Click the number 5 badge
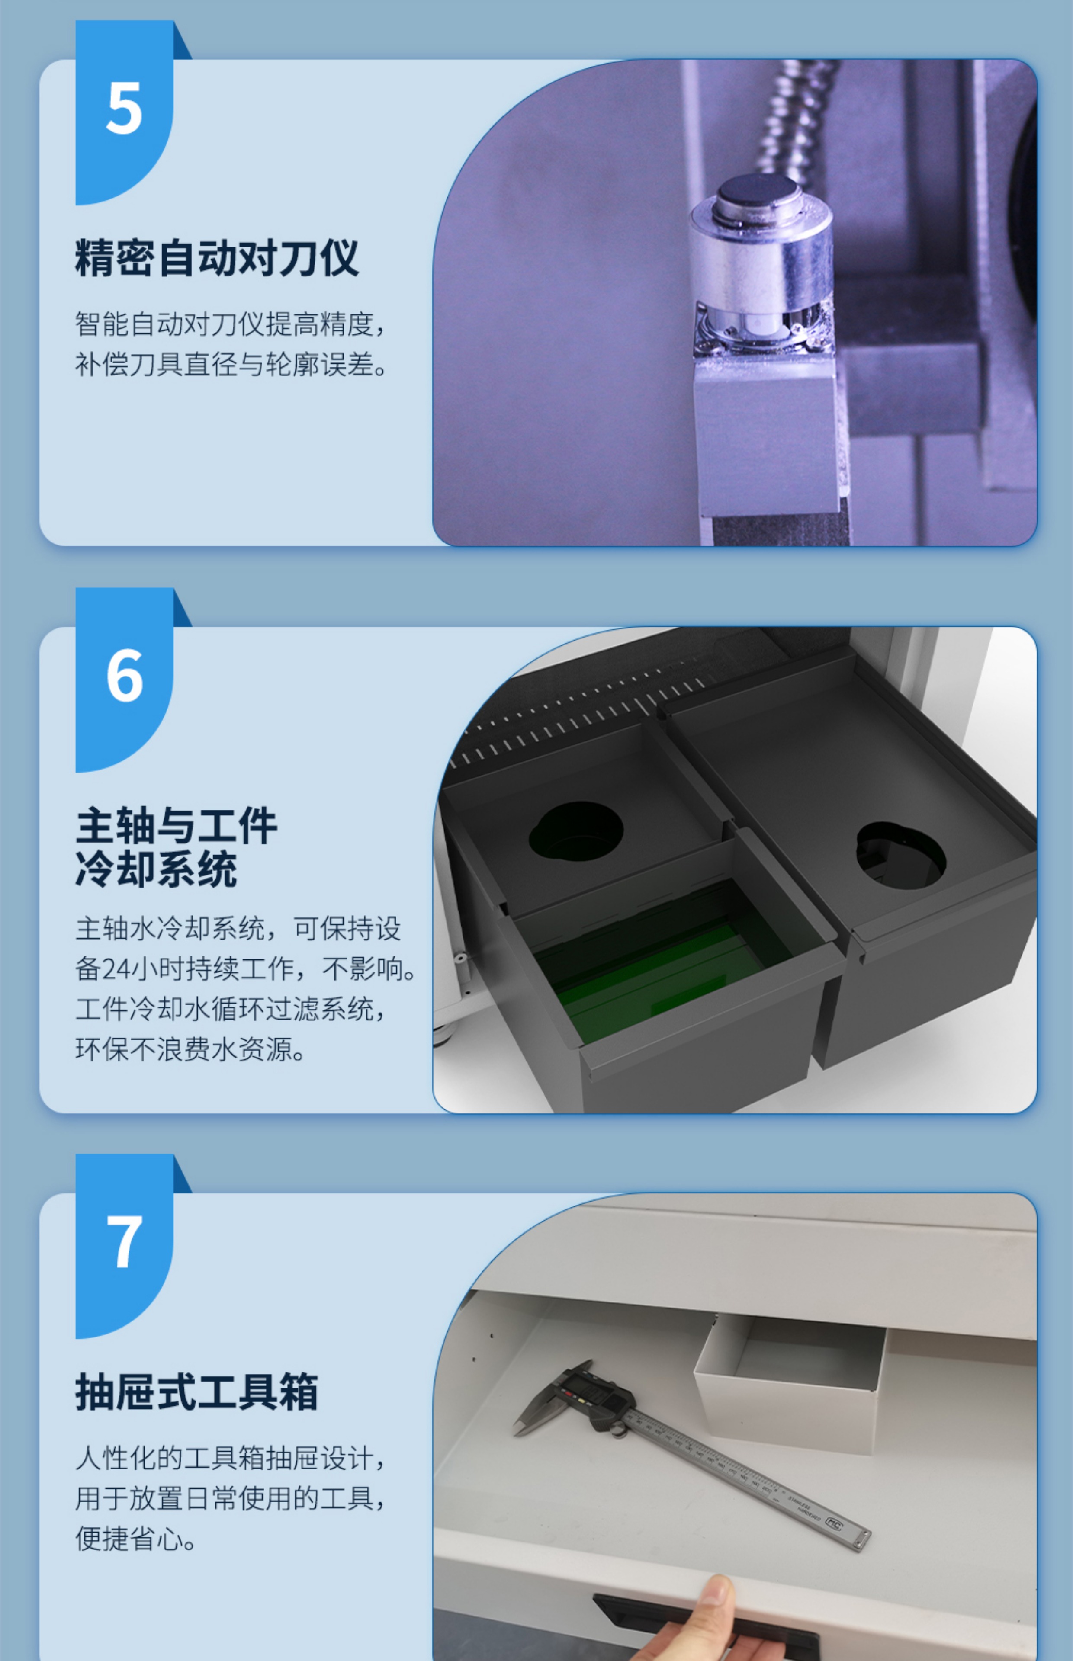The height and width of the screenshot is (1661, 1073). (124, 112)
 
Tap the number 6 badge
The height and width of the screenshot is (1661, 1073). (124, 679)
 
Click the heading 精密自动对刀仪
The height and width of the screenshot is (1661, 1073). (217, 258)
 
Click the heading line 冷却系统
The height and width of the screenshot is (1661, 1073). (156, 869)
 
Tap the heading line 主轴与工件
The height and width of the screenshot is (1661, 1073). (176, 826)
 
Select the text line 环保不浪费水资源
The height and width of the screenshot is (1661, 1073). (190, 1049)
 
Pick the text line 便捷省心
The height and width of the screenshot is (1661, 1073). (136, 1539)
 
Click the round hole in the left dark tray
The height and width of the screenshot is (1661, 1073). (575, 831)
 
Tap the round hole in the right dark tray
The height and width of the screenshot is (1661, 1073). (901, 855)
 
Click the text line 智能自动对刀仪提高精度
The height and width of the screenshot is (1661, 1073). (230, 324)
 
